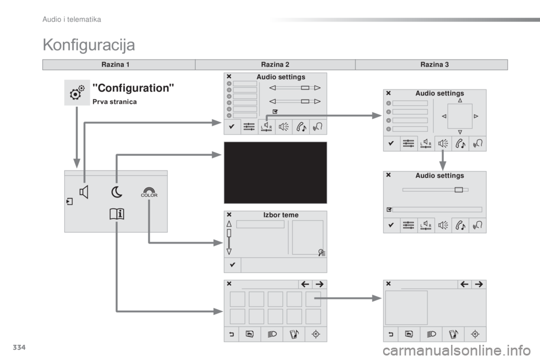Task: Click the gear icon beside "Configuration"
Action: (77, 92)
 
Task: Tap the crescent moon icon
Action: (117, 192)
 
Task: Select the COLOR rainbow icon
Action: (149, 192)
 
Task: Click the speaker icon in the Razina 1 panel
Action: (84, 192)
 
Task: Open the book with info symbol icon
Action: (117, 214)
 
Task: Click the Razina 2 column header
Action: (275, 65)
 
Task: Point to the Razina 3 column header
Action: (435, 65)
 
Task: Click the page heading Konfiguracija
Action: (89, 45)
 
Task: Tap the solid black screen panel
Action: (275, 173)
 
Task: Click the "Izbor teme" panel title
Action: (281, 215)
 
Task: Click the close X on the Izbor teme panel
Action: (229, 215)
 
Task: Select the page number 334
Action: (19, 347)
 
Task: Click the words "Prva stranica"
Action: (115, 102)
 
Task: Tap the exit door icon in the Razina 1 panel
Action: (70, 201)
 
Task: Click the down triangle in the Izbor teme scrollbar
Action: (229, 251)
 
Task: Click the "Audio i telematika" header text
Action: (71, 20)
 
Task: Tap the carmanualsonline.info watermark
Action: (457, 351)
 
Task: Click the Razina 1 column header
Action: (115, 65)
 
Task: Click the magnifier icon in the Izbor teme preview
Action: (322, 253)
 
